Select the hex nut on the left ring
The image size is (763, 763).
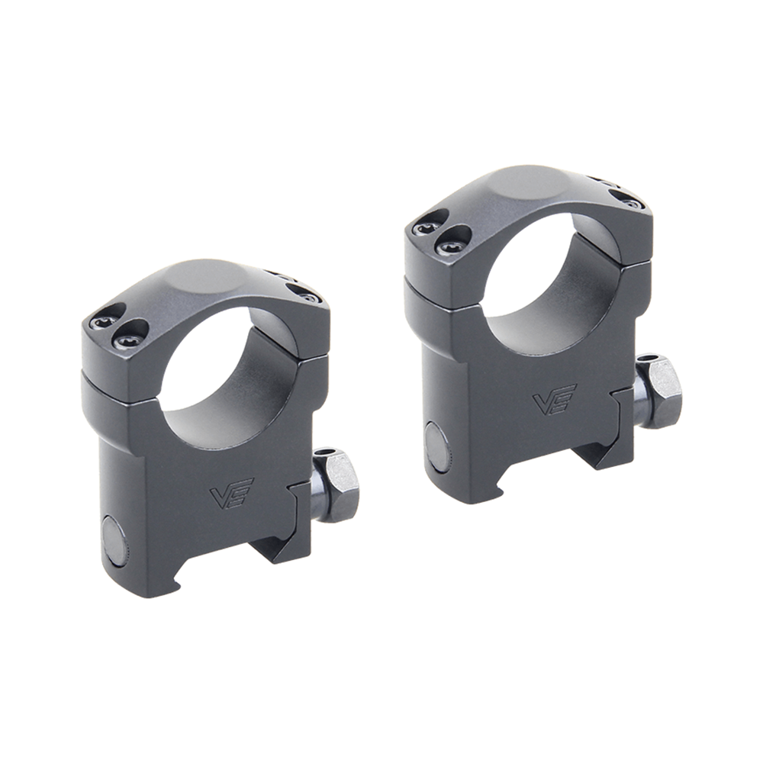point(338,485)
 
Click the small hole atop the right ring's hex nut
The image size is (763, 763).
point(648,358)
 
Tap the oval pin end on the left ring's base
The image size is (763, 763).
point(115,540)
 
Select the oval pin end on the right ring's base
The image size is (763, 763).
point(437,448)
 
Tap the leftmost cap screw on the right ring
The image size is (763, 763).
point(427,227)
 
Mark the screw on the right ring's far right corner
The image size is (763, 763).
point(631,202)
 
